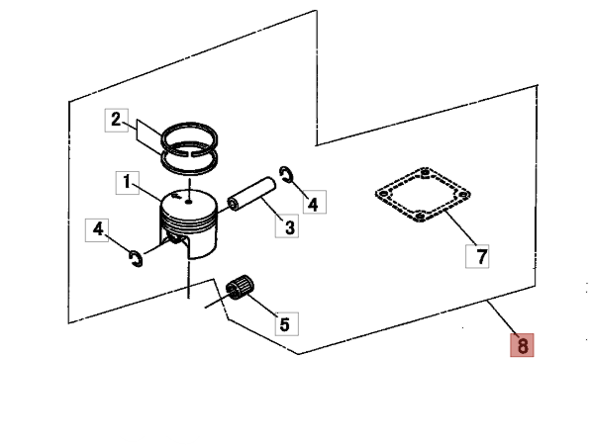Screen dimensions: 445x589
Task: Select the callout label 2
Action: [x=117, y=121]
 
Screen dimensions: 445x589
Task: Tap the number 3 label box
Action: [x=289, y=227]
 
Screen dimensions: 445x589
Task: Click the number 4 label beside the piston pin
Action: [x=312, y=204]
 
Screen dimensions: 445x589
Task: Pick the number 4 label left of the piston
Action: [x=98, y=229]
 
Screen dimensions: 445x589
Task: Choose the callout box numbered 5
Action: [x=283, y=323]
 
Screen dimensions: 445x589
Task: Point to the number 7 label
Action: [x=478, y=257]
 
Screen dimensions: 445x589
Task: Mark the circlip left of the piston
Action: [x=137, y=258]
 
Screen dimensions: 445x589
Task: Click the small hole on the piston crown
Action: [x=188, y=206]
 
